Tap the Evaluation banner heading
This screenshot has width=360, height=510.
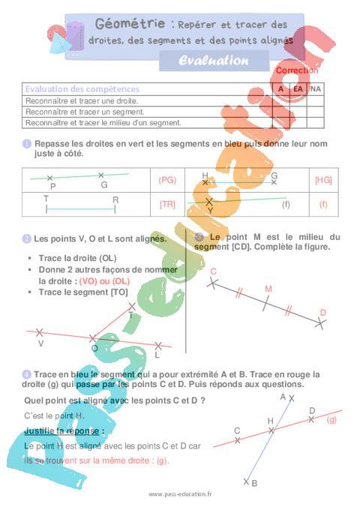tap(213, 61)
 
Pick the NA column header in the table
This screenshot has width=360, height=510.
tap(316, 88)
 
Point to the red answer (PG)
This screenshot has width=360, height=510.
tap(167, 180)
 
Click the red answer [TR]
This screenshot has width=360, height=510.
tap(167, 204)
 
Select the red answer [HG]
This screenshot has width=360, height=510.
tap(323, 180)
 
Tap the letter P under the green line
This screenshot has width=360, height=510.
tap(52, 186)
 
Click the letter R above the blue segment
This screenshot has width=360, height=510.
tap(115, 199)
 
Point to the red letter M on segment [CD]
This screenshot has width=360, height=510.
tap(268, 288)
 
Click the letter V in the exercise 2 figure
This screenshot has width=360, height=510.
tap(40, 343)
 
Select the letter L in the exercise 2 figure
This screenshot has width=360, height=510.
tap(157, 355)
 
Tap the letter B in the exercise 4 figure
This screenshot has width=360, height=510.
tap(254, 484)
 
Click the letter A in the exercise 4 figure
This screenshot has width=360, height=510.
tap(283, 396)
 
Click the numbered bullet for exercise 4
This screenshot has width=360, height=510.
tap(27, 373)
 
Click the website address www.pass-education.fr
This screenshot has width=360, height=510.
tap(180, 494)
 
